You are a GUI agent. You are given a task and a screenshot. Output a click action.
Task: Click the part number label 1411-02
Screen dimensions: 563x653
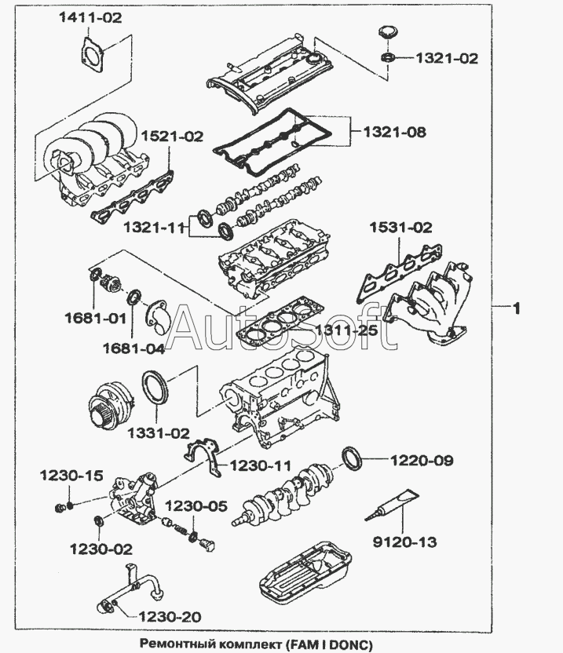pyautogui.click(x=90, y=18)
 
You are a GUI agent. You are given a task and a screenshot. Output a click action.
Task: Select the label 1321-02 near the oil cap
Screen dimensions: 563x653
pyautogui.click(x=446, y=58)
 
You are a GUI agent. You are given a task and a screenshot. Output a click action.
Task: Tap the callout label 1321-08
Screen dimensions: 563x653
pyautogui.click(x=394, y=133)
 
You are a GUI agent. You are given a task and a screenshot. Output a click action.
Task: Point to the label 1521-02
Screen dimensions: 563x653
pyautogui.click(x=171, y=137)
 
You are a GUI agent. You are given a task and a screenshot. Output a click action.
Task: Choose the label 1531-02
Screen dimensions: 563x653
pyautogui.click(x=400, y=228)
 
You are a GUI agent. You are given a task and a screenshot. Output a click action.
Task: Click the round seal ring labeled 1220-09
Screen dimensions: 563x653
pyautogui.click(x=351, y=457)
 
